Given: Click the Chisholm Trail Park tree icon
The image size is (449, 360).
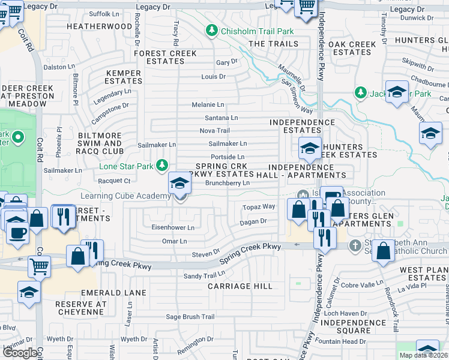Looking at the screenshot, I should [211, 30].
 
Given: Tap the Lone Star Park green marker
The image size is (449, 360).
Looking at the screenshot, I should [161, 165].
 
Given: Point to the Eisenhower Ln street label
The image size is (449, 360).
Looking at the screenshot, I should [173, 228].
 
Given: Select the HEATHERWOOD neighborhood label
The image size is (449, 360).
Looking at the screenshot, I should [99, 27].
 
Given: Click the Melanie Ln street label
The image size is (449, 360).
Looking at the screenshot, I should [208, 104].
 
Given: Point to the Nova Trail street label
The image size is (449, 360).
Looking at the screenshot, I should [214, 130].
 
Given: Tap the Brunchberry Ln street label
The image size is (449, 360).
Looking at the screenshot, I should [227, 184].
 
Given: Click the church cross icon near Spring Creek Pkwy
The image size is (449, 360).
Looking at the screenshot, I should [355, 245].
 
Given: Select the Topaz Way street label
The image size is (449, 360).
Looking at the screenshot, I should [258, 206].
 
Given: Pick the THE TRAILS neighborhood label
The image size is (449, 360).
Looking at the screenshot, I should [273, 44].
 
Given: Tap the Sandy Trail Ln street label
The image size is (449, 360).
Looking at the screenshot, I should [204, 275].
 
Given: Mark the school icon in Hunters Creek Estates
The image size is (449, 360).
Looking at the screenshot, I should [309, 148].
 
